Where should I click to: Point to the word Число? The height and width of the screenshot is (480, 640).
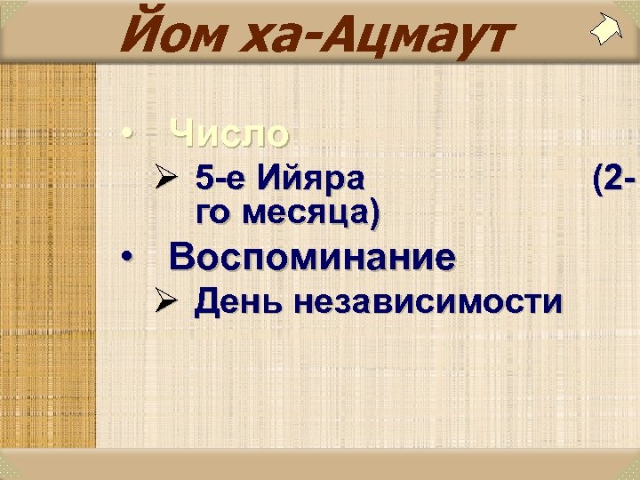point(230,133)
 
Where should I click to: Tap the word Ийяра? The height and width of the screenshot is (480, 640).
point(309,180)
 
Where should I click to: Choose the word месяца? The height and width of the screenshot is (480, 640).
point(294,213)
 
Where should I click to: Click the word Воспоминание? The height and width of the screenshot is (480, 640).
point(312,258)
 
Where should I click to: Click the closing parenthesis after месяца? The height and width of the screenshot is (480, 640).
point(374,214)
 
